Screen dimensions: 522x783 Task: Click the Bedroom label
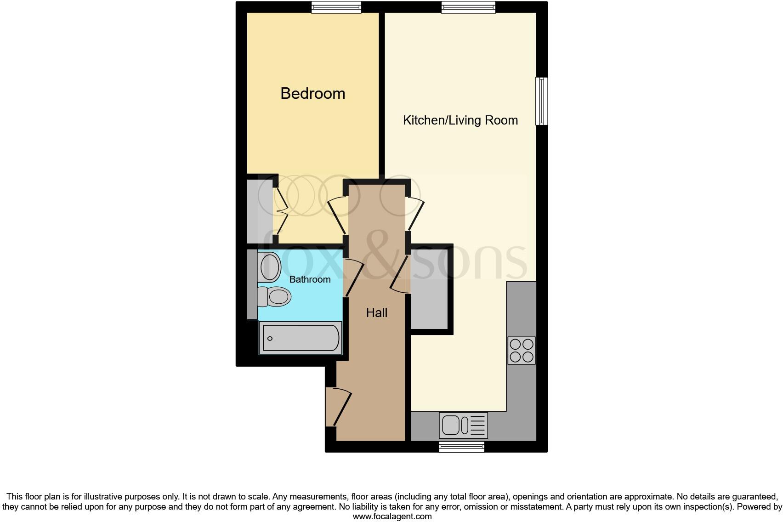[x=312, y=93]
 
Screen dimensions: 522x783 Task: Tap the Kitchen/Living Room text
[x=460, y=120]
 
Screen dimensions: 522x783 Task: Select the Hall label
[x=376, y=313]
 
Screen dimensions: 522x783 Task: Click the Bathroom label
[x=310, y=279]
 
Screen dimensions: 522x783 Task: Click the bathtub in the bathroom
[x=301, y=338]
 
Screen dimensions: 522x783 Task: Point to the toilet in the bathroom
[x=274, y=296]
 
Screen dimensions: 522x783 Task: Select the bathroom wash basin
[x=270, y=267]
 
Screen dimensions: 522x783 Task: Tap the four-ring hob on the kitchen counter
[x=522, y=350]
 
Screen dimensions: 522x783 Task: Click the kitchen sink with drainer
[x=463, y=425]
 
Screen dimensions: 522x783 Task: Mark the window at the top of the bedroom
[x=336, y=7]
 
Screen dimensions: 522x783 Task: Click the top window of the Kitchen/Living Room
[x=468, y=7]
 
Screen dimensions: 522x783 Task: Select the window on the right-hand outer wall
[x=542, y=101]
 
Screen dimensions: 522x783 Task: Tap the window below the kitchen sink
[x=461, y=447]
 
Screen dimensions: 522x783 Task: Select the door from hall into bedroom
[x=338, y=216]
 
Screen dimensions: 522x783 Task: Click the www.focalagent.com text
[x=392, y=516]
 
